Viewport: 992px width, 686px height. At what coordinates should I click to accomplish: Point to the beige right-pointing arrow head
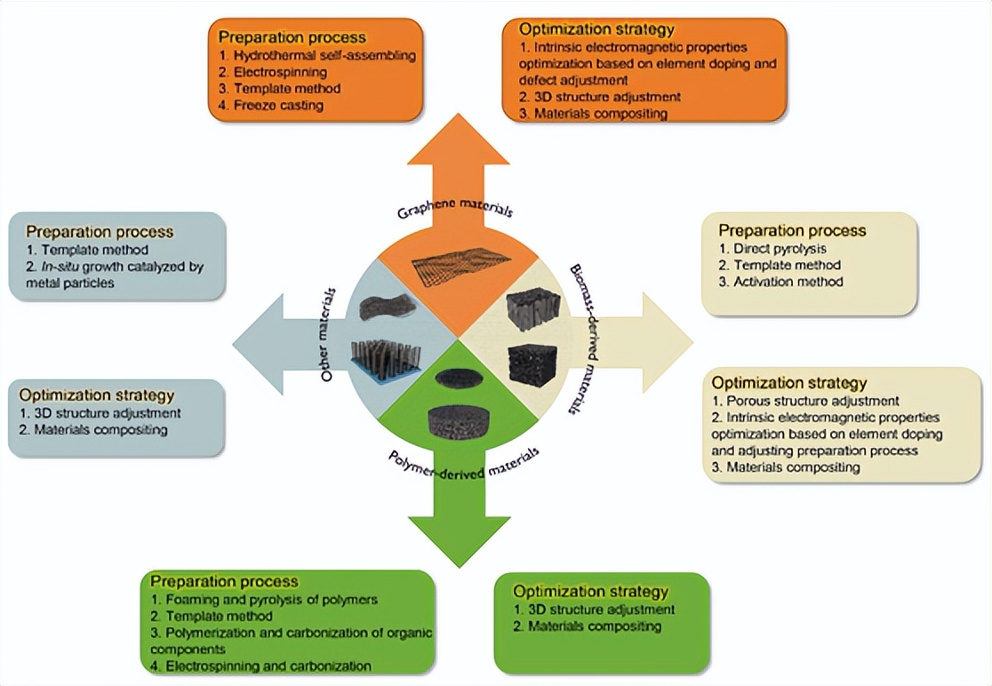pos(668,343)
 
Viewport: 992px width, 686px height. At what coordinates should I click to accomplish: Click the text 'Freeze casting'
pos(271,106)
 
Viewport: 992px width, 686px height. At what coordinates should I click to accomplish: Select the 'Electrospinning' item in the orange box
pos(273,72)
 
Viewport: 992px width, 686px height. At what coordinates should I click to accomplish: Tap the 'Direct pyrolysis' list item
pos(772,249)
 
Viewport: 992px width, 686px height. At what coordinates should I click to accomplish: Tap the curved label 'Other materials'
pos(328,334)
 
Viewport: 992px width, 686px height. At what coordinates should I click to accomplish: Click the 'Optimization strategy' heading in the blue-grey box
pos(97,395)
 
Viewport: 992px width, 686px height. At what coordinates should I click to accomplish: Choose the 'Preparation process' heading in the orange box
pos(292,37)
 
